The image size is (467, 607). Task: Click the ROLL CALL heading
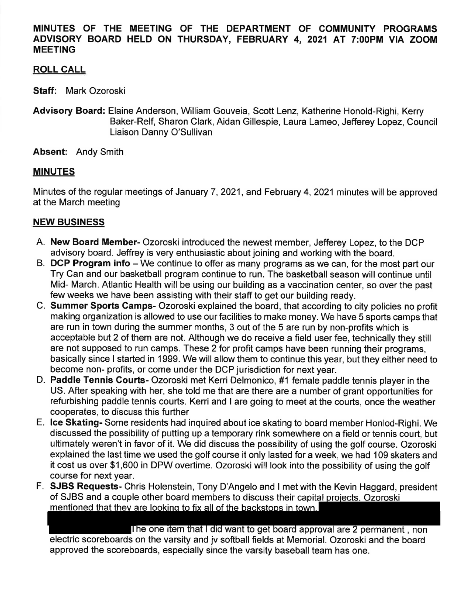pyautogui.click(x=59, y=70)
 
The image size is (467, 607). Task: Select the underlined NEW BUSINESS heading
pyautogui.click(x=68, y=222)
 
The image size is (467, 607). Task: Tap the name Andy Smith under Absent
pyautogui.click(x=100, y=152)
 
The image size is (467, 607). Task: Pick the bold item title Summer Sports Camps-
pyautogui.click(x=103, y=306)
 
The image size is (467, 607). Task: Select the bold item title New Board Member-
pyautogui.click(x=95, y=242)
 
